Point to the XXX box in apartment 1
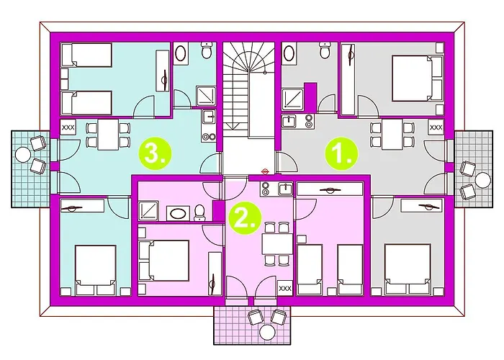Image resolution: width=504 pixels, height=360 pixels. point(436,127)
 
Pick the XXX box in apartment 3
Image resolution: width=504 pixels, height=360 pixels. point(69,127)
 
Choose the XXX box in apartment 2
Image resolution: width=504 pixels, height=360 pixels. point(284,287)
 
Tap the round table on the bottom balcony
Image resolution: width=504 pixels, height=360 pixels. point(268,332)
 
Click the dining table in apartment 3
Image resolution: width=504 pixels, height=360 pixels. point(107,135)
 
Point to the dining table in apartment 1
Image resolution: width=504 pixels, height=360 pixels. point(394,135)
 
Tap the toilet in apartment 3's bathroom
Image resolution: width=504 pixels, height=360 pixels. point(206,52)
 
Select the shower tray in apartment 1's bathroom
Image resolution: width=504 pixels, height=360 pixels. point(293,97)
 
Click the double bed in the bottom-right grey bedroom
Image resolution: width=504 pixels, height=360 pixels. point(407,269)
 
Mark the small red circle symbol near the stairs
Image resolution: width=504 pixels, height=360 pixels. point(266,171)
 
